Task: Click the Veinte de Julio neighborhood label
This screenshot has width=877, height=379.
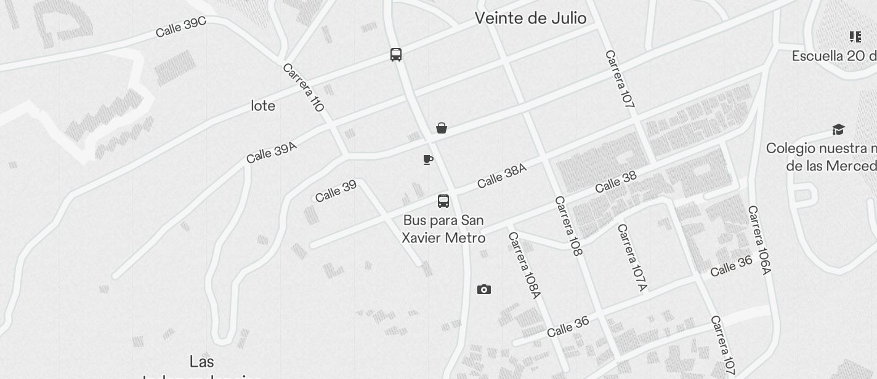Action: pyautogui.click(x=530, y=18)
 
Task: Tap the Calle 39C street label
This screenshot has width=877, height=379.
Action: pyautogui.click(x=180, y=27)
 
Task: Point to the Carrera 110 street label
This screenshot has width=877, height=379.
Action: pyautogui.click(x=303, y=87)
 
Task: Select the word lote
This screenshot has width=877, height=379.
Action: pyautogui.click(x=263, y=106)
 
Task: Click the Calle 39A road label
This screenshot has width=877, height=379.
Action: pyautogui.click(x=272, y=153)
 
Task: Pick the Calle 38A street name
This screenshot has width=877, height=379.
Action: pyautogui.click(x=502, y=175)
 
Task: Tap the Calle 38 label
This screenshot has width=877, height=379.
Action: pyautogui.click(x=616, y=182)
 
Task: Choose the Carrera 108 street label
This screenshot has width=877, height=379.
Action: pyautogui.click(x=568, y=226)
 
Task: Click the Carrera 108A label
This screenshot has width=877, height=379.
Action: pyautogui.click(x=524, y=265)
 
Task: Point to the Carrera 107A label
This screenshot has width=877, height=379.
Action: pyautogui.click(x=632, y=257)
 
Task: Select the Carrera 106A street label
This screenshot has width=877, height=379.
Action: pyautogui.click(x=759, y=240)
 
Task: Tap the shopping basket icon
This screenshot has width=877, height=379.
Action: pyautogui.click(x=441, y=128)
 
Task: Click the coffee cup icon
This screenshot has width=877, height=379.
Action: pyautogui.click(x=428, y=160)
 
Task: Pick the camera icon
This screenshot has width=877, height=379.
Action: pyautogui.click(x=484, y=289)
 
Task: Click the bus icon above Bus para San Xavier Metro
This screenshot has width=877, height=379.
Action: pyautogui.click(x=443, y=201)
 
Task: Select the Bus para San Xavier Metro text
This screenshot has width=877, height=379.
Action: pyautogui.click(x=443, y=229)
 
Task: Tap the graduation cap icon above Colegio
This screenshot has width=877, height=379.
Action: pyautogui.click(x=838, y=129)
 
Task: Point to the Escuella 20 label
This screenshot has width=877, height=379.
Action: pyautogui.click(x=834, y=56)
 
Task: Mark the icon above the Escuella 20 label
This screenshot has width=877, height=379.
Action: pyautogui.click(x=855, y=37)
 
